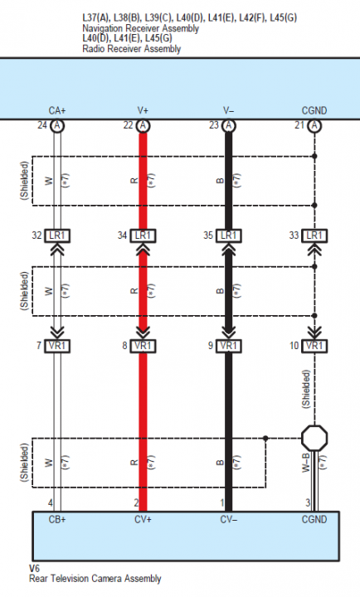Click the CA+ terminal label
click(57, 111)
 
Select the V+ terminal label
click(143, 111)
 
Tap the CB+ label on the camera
click(57, 519)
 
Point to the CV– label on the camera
click(229, 519)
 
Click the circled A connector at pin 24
click(57, 125)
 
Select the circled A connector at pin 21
click(314, 125)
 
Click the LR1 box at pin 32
click(57, 235)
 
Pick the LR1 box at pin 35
click(229, 235)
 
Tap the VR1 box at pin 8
click(143, 346)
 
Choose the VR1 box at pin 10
click(314, 346)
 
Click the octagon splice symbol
click(314, 438)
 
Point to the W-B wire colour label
click(306, 463)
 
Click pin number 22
click(128, 125)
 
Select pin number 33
click(294, 235)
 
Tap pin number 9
click(211, 346)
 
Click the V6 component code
click(34, 569)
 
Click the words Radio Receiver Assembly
click(131, 49)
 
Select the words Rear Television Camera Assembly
click(95, 579)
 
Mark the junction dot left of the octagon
click(265, 439)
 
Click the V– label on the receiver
click(229, 111)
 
